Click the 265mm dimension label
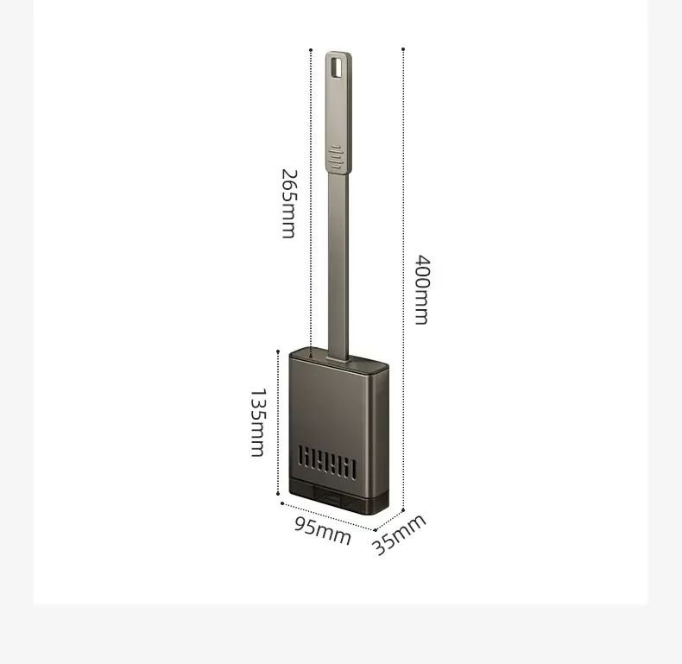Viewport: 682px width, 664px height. click(289, 204)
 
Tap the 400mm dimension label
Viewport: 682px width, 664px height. click(422, 290)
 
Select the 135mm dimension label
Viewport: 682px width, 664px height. click(257, 422)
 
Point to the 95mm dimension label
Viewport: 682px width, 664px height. click(322, 530)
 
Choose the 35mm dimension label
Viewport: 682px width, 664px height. click(399, 534)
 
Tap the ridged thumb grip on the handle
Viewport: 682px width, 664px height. click(336, 157)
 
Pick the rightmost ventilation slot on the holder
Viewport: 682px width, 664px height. click(353, 471)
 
